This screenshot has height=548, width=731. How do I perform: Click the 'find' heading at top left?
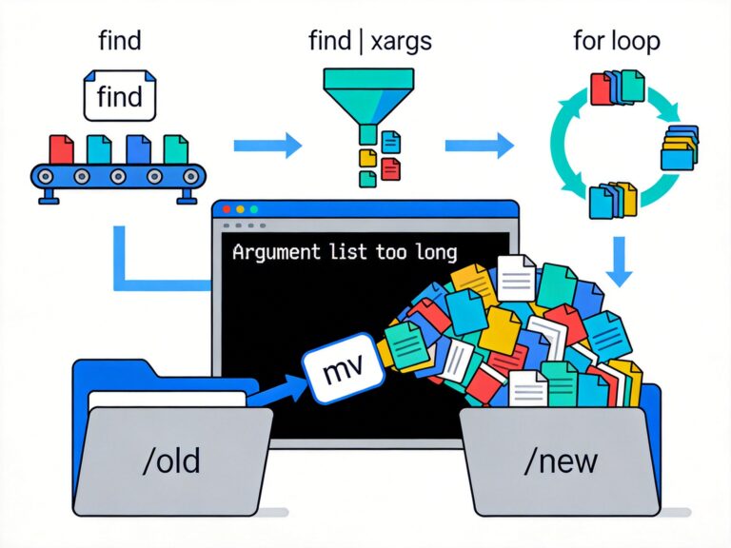coord(120,42)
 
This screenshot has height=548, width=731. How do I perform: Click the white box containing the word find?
coord(120,97)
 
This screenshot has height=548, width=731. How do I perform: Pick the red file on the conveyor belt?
coord(61,147)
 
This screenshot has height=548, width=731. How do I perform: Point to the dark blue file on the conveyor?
coord(138,147)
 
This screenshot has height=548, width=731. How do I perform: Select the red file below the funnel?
coord(390,168)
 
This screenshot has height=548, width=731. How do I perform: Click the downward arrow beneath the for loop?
coord(620,260)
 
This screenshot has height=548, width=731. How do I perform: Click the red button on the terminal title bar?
coord(227,208)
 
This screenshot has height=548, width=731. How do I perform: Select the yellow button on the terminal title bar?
coord(240,208)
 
